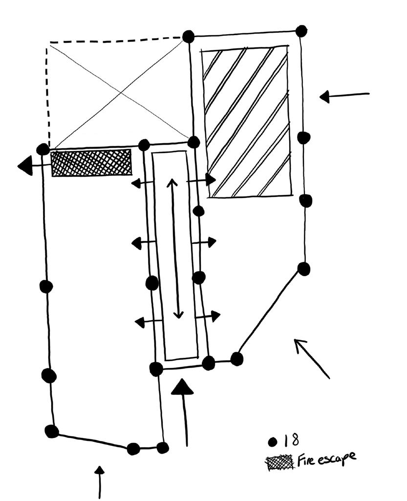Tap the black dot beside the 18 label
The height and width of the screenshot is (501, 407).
[x=274, y=442]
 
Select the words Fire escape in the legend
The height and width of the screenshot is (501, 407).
[x=326, y=459]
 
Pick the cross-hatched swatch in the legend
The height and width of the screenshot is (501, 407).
[x=280, y=462]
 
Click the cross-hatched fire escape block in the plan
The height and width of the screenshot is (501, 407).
[x=91, y=162]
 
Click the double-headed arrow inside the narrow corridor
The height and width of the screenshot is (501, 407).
[x=175, y=248]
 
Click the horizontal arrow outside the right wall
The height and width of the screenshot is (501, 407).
[x=344, y=96]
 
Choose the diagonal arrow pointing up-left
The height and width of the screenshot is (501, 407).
[x=311, y=358]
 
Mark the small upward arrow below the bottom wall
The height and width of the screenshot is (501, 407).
[x=100, y=482]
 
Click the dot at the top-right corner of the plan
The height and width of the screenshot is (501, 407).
[x=301, y=31]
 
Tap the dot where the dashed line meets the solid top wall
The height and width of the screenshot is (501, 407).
[x=188, y=36]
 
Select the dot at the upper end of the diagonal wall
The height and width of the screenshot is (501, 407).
[x=304, y=269]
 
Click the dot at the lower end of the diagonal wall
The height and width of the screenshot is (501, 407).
[x=237, y=359]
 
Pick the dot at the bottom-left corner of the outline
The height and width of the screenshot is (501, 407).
[x=51, y=431]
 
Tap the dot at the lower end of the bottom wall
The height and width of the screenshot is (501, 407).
[x=163, y=448]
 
